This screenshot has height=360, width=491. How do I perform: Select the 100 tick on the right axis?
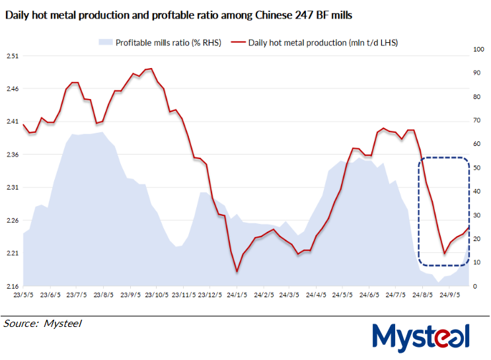pyautogui.click(x=479, y=50)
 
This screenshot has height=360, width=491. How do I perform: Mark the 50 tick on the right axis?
pyautogui.click(x=477, y=168)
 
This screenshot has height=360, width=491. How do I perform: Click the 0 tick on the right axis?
pyautogui.click(x=475, y=286)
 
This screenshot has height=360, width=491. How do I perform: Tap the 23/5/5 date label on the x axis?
pyautogui.click(x=24, y=295)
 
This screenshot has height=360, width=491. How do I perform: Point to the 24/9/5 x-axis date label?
pyautogui.click(x=450, y=295)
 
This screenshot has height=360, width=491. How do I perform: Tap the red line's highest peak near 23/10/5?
pyautogui.click(x=151, y=68)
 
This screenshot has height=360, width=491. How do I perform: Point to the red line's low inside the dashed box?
pyautogui.click(x=444, y=253)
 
